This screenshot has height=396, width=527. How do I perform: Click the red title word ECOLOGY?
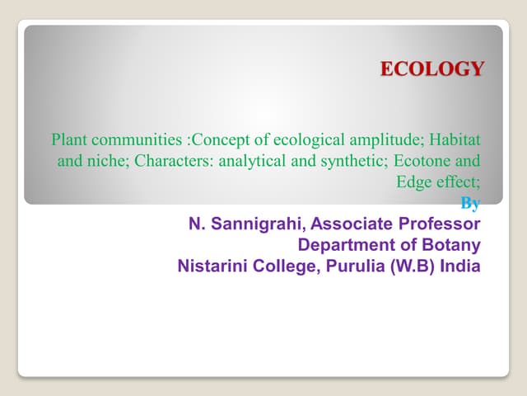coord(431,69)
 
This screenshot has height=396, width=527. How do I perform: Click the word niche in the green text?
coord(107,159)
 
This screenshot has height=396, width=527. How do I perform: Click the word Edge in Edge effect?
coord(412,182)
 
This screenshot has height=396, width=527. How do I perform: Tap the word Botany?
coord(451,245)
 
